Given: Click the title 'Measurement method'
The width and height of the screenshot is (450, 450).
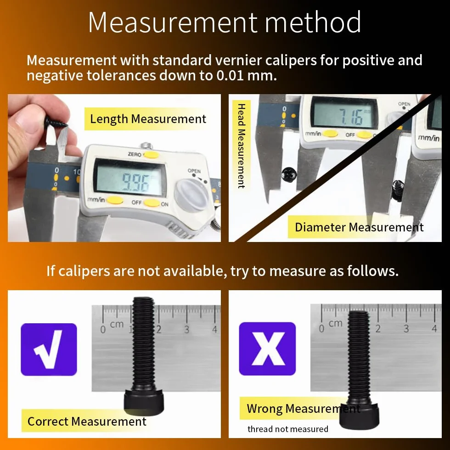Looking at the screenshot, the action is pos(225,22).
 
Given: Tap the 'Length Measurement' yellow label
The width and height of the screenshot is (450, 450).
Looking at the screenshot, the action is pos(146,119).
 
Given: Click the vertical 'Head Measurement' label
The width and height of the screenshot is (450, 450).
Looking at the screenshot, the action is pos(242,146).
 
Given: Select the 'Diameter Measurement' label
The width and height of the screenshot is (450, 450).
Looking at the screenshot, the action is pos(359,227).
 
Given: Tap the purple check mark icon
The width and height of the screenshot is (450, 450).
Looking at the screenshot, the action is pos(49,349).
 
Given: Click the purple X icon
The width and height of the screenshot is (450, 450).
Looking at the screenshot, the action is pos(267,349).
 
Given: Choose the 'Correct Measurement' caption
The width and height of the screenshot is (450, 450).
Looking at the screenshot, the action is pos(87,422).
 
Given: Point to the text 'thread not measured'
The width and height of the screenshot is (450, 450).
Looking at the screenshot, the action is pos(288,429).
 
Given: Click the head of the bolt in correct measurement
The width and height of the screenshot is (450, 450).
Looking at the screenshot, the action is pos(144,401).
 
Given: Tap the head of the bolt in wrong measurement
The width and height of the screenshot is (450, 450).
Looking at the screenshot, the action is pos(360,413).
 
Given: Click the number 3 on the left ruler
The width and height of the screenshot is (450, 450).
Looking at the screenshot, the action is pos(187,329).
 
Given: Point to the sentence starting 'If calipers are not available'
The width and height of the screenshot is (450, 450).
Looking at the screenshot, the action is pos(222,270).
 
